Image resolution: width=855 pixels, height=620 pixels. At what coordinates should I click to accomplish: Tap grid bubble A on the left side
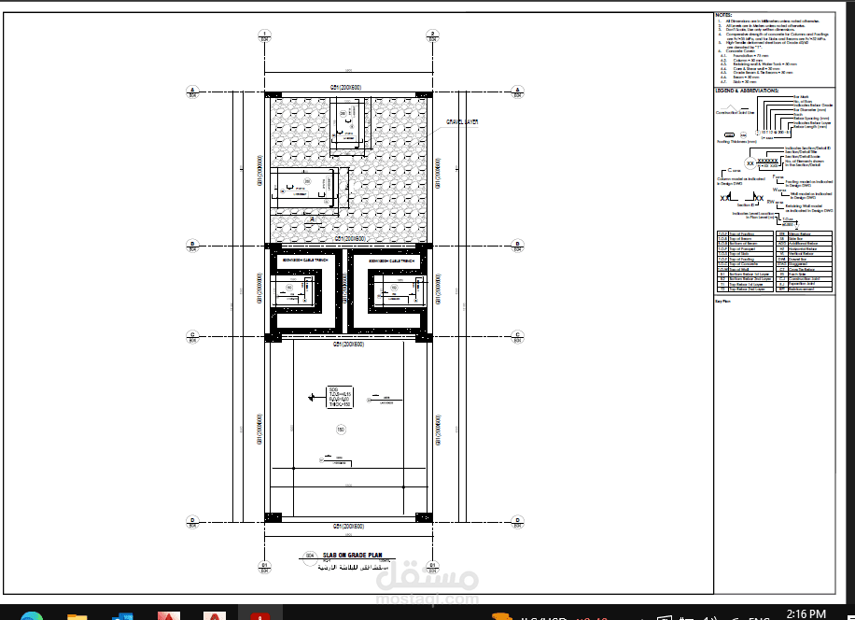pyautogui.click(x=192, y=91)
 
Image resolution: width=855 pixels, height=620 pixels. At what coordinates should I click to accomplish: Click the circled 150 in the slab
pyautogui.click(x=341, y=430)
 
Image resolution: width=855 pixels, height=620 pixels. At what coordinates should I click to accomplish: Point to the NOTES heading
pyautogui.click(x=723, y=15)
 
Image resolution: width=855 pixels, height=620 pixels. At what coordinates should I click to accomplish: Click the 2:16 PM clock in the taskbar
pyautogui.click(x=806, y=613)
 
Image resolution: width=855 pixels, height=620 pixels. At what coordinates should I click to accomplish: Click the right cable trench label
pyautogui.click(x=391, y=261)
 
